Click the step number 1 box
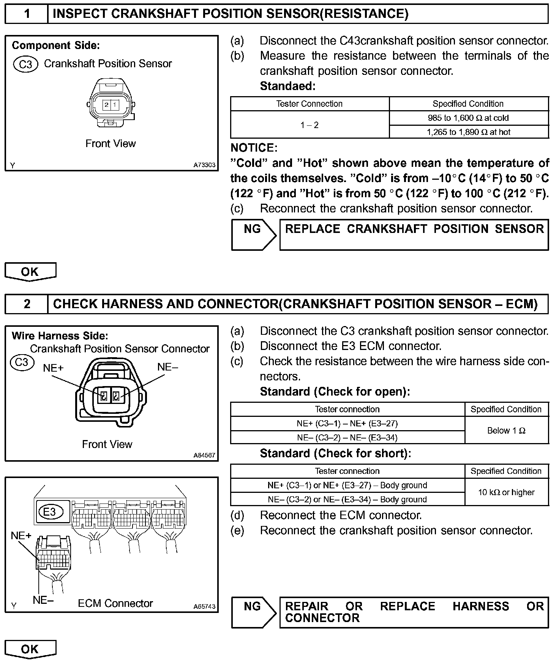(27, 14)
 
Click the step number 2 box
(27, 304)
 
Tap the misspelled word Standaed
(287, 86)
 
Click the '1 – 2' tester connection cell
(310, 125)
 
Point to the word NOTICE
(254, 148)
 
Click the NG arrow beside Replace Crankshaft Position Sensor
(253, 234)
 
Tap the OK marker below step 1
(30, 272)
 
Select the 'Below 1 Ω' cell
(506, 431)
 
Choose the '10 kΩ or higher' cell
(506, 492)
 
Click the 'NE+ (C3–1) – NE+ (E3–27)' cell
(347, 423)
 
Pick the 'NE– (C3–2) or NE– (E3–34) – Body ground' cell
(347, 499)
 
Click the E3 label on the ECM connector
(50, 511)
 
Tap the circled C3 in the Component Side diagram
(25, 64)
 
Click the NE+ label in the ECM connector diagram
(21, 535)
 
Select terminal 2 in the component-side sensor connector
(107, 104)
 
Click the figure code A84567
(204, 455)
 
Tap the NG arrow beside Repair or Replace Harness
(253, 612)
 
